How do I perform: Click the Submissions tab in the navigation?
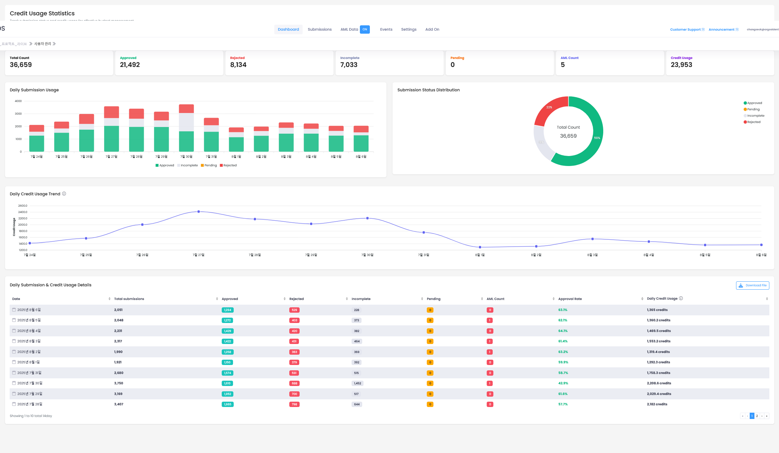[320, 29]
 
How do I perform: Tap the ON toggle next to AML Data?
[365, 29]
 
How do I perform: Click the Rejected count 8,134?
[238, 65]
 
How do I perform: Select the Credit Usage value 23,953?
[681, 65]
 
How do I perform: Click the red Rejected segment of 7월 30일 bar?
[186, 109]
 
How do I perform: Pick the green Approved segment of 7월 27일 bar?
[112, 139]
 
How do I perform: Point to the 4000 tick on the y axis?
[18, 101]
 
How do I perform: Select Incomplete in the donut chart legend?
[755, 116]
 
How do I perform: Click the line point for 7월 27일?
[199, 212]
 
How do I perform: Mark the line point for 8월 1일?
[480, 247]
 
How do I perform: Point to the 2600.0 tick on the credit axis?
[23, 206]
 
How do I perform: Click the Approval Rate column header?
[570, 299]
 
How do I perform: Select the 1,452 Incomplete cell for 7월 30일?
[358, 383]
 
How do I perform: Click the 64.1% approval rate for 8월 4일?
[563, 331]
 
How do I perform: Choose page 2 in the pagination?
[757, 416]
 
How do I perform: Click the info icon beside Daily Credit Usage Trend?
[64, 194]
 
